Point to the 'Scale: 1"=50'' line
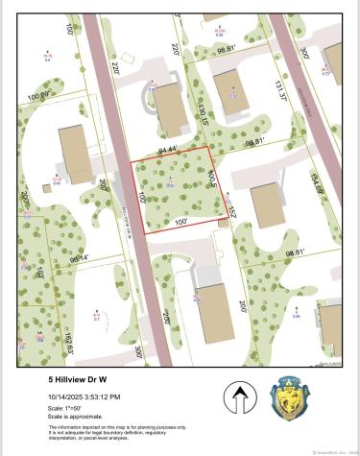62,409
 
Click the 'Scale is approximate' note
68,417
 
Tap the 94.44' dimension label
170,150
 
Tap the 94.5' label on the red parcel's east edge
213,179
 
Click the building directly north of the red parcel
170,108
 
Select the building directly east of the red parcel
266,204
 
